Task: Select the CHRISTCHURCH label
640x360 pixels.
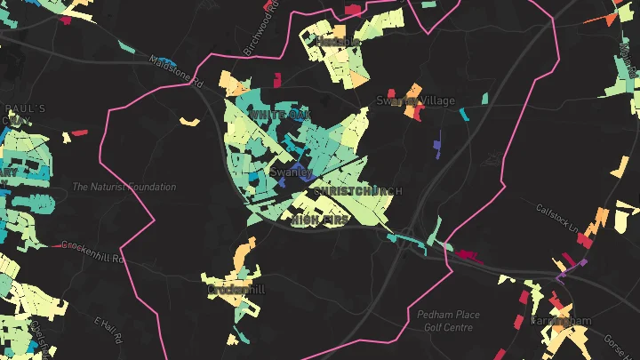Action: coord(357,191)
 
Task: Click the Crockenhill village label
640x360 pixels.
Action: coord(236,290)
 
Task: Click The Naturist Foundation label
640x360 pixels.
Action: coord(124,188)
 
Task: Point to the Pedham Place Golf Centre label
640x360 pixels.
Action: coord(448,321)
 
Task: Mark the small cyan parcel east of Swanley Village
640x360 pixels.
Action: coord(464,114)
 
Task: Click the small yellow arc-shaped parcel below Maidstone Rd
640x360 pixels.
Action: coord(188,121)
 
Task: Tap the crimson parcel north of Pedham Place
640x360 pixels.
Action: coord(465,256)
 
